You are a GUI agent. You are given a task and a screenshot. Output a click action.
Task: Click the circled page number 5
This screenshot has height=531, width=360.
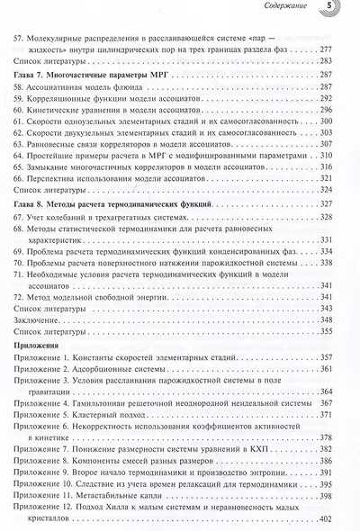click(332, 8)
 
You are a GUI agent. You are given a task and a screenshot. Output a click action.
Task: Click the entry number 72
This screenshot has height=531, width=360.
click(13, 307)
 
